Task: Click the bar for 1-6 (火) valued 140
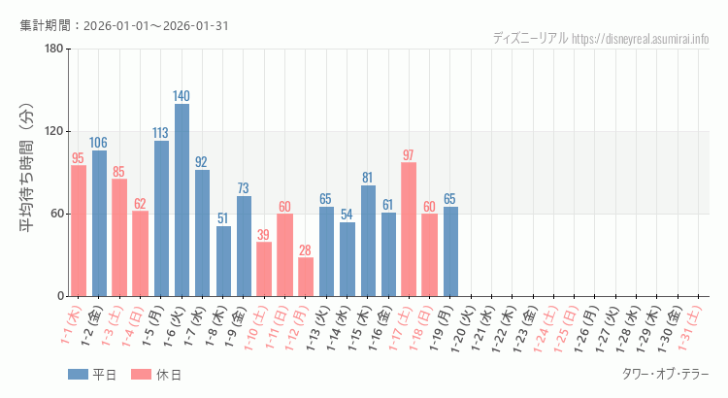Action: point(182,200)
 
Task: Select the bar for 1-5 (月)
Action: point(161,218)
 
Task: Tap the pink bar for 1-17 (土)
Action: point(409,229)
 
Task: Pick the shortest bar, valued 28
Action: point(306,277)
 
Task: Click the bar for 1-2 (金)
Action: point(99,223)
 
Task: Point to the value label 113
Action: point(161,133)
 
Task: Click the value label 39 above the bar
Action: point(264,235)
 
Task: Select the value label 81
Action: point(368,178)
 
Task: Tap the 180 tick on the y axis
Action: point(54,50)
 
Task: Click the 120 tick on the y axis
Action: point(54,132)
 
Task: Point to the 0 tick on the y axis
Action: point(60,296)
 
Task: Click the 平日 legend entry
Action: point(93,375)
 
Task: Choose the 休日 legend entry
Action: point(156,375)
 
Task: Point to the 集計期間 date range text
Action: point(124,25)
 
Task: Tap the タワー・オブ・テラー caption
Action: point(665,375)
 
